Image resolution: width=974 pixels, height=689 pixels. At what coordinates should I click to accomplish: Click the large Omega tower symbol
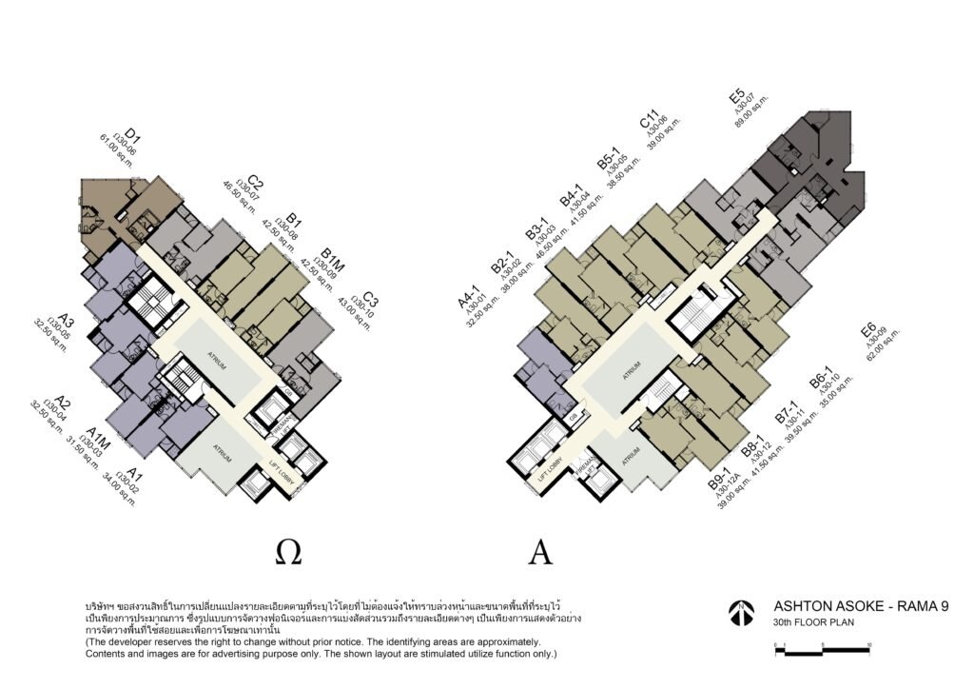(289, 551)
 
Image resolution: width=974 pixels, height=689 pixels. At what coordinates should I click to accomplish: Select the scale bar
(823, 649)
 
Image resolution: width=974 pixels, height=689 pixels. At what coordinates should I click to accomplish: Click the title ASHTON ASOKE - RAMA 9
(861, 605)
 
